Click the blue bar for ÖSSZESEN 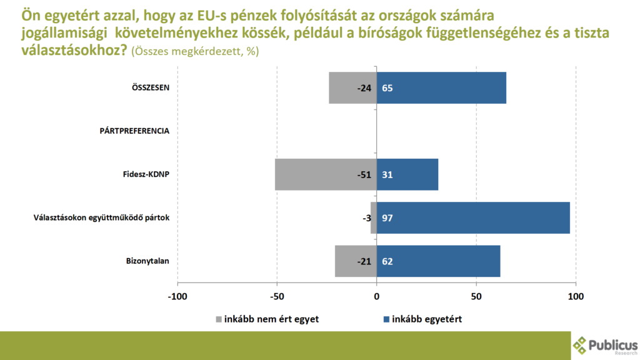(x=441, y=88)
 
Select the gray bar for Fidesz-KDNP (x=326, y=174)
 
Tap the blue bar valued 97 (x=473, y=217)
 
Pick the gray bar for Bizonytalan (x=356, y=261)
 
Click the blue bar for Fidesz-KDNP (x=407, y=174)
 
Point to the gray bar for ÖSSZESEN (x=352, y=88)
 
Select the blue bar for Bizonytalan (x=439, y=261)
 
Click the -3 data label (x=366, y=218)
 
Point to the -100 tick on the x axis (x=177, y=296)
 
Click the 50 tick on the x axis (x=476, y=296)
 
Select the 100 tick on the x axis (x=576, y=296)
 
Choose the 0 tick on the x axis (x=377, y=296)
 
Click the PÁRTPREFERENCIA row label (x=135, y=131)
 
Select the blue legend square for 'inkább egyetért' (x=385, y=319)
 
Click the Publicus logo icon (x=581, y=345)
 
